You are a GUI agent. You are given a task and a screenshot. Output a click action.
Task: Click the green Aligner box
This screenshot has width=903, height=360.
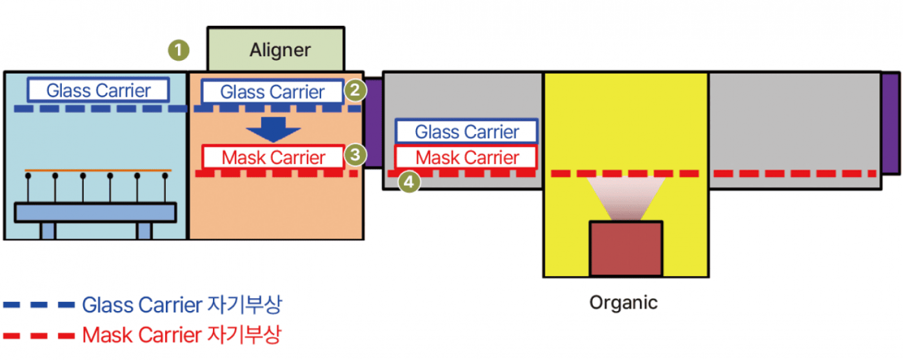click(x=276, y=49)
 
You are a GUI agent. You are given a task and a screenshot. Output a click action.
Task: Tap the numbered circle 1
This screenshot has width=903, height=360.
click(x=179, y=50)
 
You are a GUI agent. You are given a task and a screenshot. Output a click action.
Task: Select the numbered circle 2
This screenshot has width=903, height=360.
click(x=355, y=90)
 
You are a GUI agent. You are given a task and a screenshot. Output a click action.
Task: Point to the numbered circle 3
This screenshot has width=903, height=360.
click(x=355, y=155)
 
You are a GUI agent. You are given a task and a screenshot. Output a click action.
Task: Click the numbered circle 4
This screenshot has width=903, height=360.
click(x=409, y=182)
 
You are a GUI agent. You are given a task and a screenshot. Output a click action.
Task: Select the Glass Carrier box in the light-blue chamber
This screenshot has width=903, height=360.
click(x=98, y=90)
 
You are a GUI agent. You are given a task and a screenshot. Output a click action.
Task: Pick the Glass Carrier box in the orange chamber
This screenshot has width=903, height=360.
click(x=272, y=92)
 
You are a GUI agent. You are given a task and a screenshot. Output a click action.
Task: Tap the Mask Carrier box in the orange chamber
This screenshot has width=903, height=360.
click(x=273, y=157)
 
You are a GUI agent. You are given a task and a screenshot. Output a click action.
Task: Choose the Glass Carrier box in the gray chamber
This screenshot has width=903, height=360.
click(x=467, y=131)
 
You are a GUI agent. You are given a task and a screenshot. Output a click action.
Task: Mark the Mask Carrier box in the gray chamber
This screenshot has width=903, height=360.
click(x=467, y=157)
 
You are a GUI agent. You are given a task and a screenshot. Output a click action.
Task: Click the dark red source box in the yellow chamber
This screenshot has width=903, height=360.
click(x=626, y=248)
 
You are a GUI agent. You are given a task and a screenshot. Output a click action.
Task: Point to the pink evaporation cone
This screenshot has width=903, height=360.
click(x=626, y=198)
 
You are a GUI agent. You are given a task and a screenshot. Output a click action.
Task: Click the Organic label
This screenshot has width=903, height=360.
click(x=623, y=303)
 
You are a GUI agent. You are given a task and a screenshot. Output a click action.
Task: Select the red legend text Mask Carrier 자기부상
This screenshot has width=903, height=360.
click(x=182, y=335)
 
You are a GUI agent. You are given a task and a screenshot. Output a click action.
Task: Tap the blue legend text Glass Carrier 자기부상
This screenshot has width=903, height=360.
click(x=182, y=305)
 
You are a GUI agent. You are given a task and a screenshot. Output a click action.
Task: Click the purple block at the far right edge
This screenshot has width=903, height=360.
click(x=891, y=123)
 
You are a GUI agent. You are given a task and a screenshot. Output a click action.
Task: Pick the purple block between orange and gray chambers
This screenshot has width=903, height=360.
click(x=373, y=123)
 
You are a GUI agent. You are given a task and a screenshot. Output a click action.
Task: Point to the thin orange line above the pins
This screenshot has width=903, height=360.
click(x=98, y=170)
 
